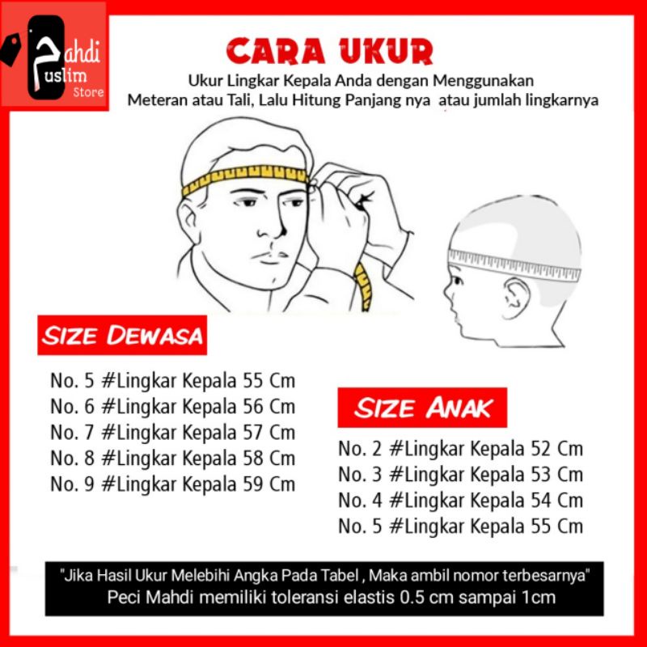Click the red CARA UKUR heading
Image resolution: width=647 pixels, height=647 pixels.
coord(330,51)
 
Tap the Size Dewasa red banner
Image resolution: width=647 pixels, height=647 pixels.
coord(122,335)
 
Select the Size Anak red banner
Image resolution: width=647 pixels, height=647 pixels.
coord(422,408)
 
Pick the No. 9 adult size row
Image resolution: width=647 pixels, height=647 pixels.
coord(173,484)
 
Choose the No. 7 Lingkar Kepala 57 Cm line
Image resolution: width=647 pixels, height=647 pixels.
coord(173,433)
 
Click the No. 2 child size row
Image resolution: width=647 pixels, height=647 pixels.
coord(460,450)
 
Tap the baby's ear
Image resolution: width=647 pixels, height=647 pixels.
coord(515,297)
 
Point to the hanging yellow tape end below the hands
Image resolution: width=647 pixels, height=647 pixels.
coord(364,287)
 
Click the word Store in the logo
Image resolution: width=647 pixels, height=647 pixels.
coord(88,92)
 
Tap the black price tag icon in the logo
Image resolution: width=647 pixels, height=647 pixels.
coord(11,49)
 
